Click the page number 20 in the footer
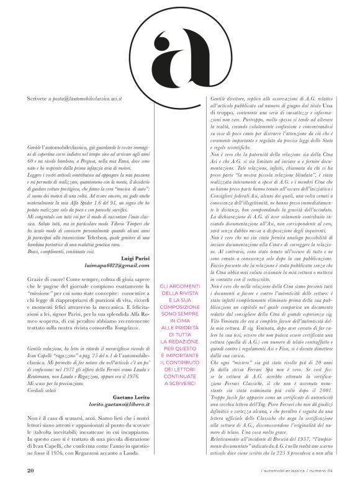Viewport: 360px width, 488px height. [x=30, y=469]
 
